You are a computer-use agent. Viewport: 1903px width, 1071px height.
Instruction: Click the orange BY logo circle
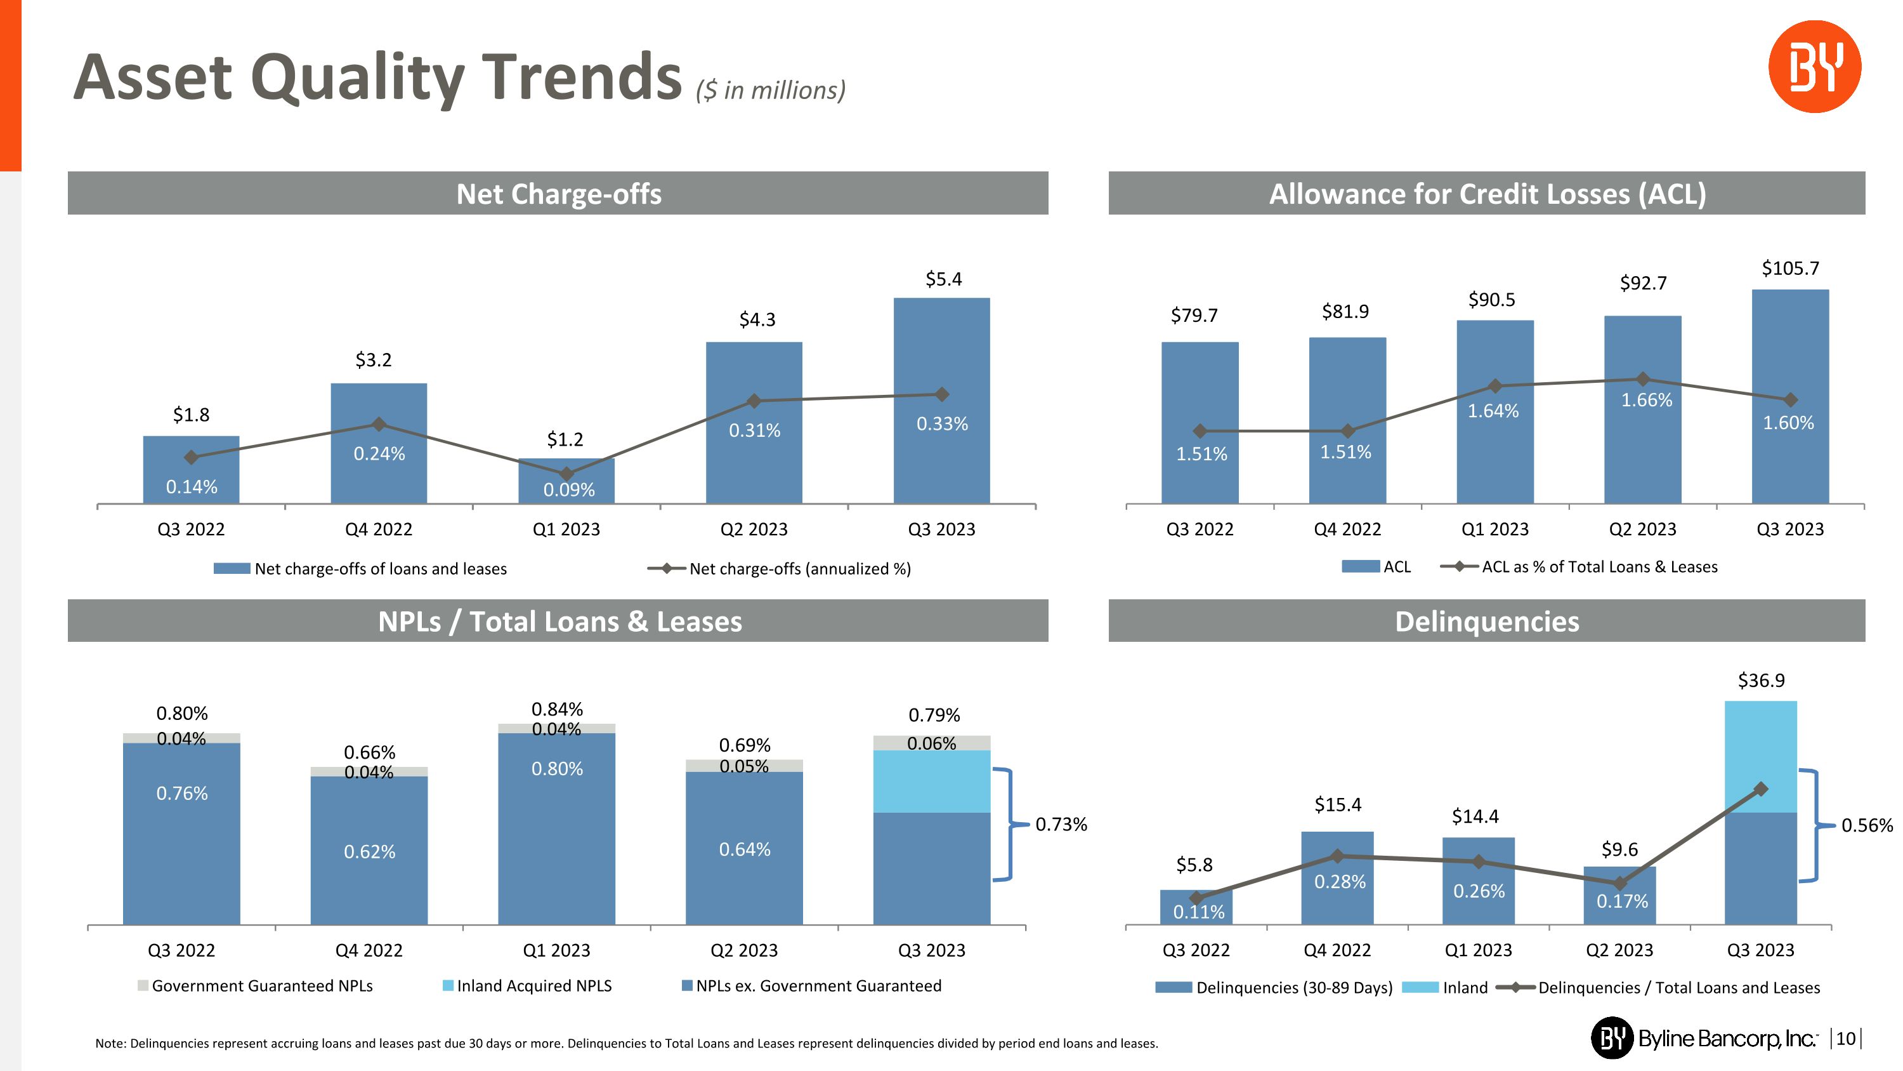coord(1814,67)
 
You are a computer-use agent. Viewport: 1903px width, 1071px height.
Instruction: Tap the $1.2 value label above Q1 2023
coord(565,440)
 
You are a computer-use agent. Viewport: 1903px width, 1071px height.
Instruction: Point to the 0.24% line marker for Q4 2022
coord(379,424)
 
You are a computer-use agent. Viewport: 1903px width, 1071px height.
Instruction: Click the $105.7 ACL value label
coord(1790,269)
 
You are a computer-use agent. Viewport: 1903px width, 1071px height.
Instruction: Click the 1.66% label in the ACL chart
coord(1647,400)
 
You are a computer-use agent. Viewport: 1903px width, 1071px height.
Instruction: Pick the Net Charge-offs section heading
coord(558,194)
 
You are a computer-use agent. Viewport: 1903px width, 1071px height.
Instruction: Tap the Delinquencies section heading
coord(1486,622)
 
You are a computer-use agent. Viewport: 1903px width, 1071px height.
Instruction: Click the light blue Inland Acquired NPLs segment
coord(932,782)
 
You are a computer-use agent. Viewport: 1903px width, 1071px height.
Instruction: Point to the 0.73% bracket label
coord(1061,824)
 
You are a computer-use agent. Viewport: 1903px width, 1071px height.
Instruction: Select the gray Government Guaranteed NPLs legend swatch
coord(143,985)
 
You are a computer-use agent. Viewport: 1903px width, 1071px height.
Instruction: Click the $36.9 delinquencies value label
coord(1761,680)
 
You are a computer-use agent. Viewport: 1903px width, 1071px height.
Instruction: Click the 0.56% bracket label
coord(1867,825)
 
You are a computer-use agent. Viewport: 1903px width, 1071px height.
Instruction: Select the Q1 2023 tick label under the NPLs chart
coord(556,950)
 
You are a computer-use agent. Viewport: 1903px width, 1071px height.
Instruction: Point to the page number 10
coord(1845,1039)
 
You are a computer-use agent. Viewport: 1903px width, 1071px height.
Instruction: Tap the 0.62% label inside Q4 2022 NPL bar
coord(369,851)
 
